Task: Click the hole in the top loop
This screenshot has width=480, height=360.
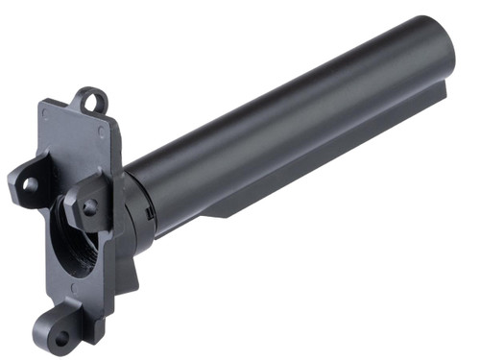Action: (91, 98)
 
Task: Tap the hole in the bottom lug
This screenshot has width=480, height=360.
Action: (60, 337)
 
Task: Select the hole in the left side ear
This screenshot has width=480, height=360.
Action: (30, 183)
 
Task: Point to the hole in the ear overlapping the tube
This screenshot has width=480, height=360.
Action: (89, 206)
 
